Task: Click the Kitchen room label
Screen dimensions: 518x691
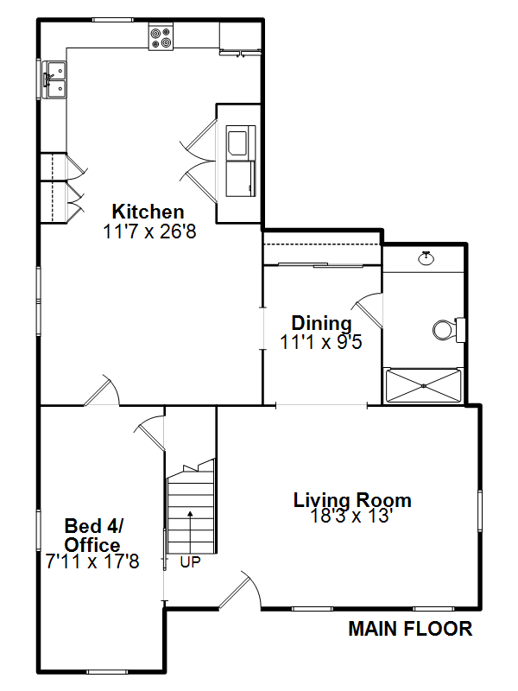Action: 148,212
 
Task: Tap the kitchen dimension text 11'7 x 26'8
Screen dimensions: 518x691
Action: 149,231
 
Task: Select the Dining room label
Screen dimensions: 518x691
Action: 321,323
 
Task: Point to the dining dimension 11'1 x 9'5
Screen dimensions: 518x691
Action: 321,342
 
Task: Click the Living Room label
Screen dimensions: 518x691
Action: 352,500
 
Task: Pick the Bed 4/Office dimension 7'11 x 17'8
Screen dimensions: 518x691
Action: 92,562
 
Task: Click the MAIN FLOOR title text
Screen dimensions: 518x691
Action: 410,629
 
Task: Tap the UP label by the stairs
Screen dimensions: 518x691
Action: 190,562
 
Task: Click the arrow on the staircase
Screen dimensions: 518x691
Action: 190,532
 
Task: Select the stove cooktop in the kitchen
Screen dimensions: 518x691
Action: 161,37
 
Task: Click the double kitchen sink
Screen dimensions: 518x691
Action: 54,79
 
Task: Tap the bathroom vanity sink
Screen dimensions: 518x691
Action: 426,258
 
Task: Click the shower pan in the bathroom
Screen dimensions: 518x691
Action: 423,385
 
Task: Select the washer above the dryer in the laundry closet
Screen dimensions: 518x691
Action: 241,142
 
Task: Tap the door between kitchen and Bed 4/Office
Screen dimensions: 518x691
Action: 102,390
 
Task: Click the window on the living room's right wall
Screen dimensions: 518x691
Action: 480,510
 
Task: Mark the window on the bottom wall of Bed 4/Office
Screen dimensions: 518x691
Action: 106,672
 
